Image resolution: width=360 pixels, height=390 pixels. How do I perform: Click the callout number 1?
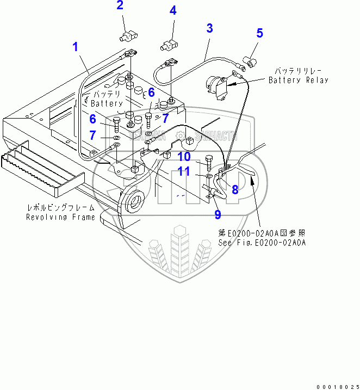76,47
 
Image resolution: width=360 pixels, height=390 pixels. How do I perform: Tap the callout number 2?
120,6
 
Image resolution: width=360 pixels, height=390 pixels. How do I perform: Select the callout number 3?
209,28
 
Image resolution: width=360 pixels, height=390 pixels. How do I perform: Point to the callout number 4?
172,10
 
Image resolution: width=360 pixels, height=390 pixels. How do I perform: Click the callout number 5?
259,33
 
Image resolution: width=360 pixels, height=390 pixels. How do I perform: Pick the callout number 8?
235,189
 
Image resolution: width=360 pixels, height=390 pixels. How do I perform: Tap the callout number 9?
218,214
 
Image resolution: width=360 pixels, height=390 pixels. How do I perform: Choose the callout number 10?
184,157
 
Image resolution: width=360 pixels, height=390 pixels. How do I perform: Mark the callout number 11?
184,172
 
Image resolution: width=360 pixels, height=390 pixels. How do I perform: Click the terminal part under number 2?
127,37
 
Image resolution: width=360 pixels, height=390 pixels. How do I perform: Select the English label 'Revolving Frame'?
61,217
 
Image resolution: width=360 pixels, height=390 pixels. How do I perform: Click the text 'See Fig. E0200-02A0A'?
262,243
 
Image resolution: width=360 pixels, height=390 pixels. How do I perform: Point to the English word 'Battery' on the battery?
107,103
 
